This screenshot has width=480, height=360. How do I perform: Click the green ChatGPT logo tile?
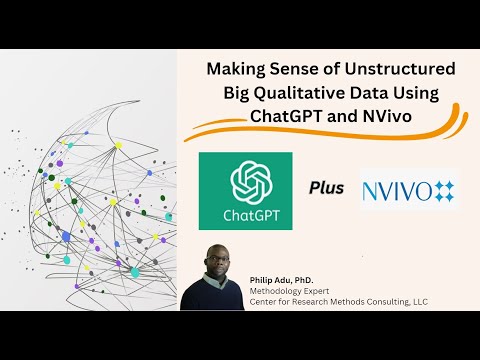245,189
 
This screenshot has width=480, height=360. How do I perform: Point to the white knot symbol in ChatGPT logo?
245,181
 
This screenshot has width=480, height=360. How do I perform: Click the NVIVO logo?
410,187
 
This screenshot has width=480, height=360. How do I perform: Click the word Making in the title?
235,70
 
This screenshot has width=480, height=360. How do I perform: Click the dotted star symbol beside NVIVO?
443,187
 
